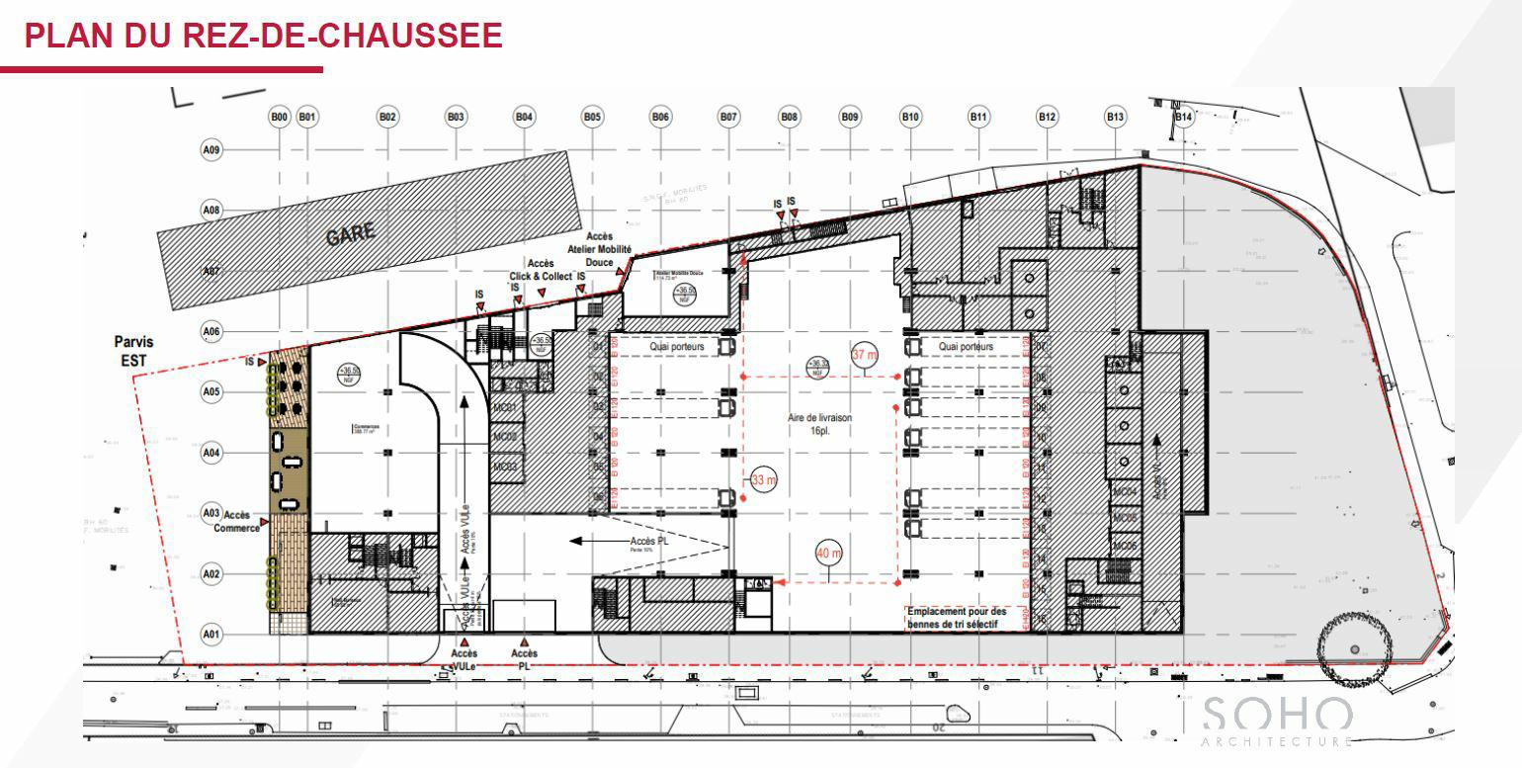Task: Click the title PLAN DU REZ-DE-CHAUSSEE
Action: (x=263, y=36)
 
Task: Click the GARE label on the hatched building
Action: (x=351, y=233)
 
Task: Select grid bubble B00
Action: (x=280, y=118)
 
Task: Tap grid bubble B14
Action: (x=1184, y=118)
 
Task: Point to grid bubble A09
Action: (x=211, y=150)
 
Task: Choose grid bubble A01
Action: (x=211, y=634)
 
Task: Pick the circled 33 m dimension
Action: (x=764, y=480)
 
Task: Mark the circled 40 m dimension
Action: (x=828, y=554)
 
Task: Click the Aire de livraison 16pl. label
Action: (x=819, y=424)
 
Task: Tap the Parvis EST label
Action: (x=133, y=351)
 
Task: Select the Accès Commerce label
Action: (x=236, y=521)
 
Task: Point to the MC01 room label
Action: (x=505, y=408)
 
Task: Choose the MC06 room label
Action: (x=1125, y=546)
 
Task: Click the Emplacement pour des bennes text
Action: (x=957, y=617)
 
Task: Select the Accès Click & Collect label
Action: (x=540, y=270)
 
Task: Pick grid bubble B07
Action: (x=728, y=118)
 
